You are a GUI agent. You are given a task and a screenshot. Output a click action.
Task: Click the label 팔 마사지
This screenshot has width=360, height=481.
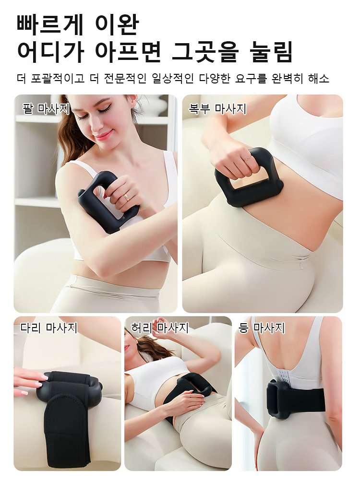[x=46, y=108]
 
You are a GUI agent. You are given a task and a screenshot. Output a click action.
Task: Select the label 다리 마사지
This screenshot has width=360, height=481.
[x=48, y=328]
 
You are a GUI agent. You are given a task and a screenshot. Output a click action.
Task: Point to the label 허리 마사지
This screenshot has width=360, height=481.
[x=159, y=328]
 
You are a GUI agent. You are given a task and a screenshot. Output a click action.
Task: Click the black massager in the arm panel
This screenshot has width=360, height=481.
[x=103, y=201]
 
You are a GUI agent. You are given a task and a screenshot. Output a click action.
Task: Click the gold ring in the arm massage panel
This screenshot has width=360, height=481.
[x=127, y=196]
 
